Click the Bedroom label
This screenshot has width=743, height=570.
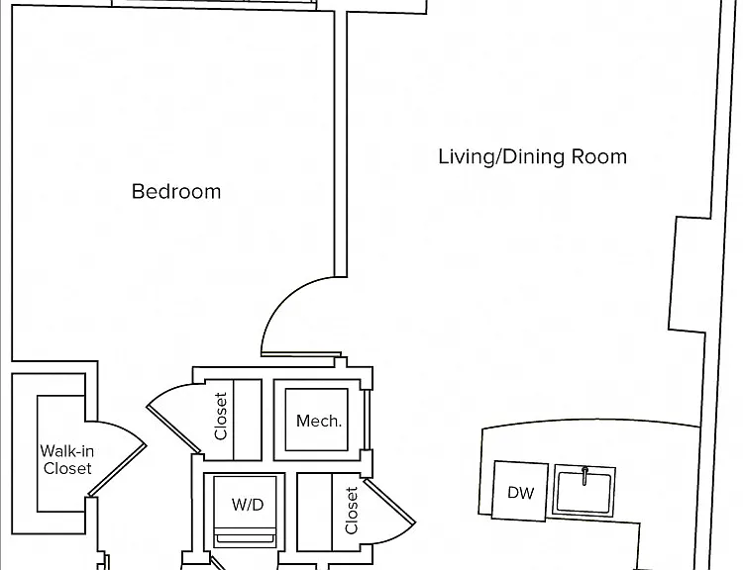(x=176, y=192)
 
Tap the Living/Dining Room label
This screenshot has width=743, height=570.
(x=532, y=156)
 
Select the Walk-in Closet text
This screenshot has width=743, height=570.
(x=66, y=460)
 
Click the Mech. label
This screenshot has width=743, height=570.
(x=318, y=421)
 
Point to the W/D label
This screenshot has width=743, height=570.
(x=248, y=505)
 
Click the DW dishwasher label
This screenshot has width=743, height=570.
(x=520, y=493)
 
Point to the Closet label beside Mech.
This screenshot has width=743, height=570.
(x=221, y=417)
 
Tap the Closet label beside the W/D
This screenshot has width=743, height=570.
(x=351, y=511)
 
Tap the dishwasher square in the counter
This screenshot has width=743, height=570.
(x=520, y=491)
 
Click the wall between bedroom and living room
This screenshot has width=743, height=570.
(x=341, y=143)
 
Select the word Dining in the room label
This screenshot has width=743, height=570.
(x=533, y=156)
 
